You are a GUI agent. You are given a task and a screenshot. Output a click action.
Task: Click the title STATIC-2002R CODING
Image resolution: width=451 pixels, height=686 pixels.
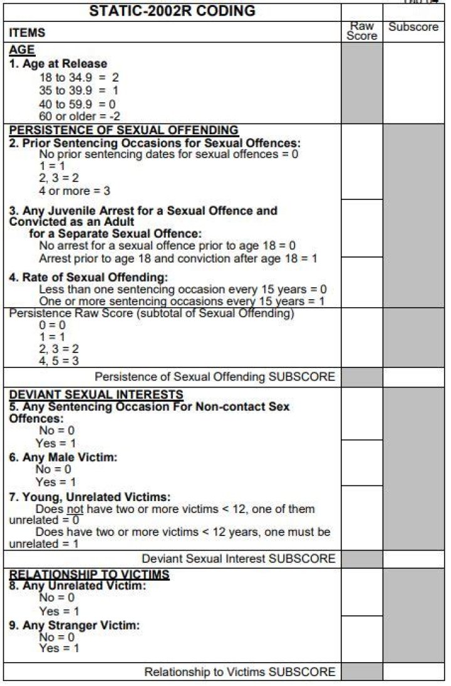click(172, 11)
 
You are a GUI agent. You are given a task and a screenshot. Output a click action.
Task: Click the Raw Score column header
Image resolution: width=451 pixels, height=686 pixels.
click(362, 31)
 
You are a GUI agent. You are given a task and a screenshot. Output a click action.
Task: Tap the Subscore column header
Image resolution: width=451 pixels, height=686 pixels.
click(413, 27)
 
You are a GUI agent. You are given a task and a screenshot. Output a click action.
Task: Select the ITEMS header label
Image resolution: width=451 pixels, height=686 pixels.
click(28, 32)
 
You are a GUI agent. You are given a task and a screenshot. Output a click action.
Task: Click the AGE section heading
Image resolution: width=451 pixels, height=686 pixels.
click(22, 50)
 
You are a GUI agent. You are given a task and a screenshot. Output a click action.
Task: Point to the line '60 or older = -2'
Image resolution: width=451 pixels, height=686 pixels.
click(80, 116)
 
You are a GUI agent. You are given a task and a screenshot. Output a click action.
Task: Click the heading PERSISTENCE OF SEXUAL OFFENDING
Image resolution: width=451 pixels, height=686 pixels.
click(123, 130)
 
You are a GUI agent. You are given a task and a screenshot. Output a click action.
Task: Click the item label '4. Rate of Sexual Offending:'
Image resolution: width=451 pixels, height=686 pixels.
click(88, 277)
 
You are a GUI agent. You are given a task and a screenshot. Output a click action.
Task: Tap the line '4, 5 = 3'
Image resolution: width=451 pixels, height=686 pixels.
click(59, 361)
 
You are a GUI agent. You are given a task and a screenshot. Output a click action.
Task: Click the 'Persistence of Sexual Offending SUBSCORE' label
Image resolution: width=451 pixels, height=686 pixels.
click(214, 377)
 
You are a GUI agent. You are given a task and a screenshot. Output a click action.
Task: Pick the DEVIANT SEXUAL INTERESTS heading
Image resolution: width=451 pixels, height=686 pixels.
click(96, 394)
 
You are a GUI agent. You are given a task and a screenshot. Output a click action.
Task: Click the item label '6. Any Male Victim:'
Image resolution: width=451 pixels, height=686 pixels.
click(63, 457)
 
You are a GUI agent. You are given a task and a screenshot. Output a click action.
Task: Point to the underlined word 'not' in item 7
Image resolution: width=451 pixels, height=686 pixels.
click(75, 509)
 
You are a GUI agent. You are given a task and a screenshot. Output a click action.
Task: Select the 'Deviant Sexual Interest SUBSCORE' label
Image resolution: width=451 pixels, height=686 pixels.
click(238, 558)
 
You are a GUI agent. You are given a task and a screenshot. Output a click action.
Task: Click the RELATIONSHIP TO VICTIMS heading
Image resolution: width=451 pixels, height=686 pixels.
click(89, 574)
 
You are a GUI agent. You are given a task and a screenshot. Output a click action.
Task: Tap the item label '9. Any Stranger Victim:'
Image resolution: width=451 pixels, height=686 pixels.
click(74, 625)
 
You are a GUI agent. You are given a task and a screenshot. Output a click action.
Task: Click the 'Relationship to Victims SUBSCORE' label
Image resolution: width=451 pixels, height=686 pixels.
click(239, 672)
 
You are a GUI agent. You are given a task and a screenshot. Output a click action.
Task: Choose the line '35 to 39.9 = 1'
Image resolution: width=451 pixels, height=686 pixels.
click(78, 90)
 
